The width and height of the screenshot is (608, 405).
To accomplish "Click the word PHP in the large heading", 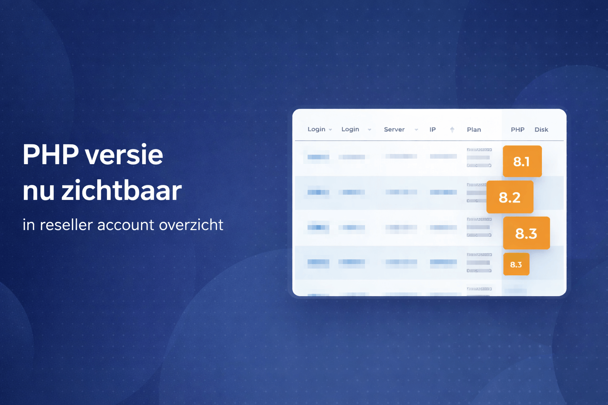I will (x=50, y=155).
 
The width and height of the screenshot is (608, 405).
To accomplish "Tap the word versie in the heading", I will (x=124, y=155).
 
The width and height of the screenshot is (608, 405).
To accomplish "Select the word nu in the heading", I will (x=38, y=191).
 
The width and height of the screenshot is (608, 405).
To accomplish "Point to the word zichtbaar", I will (x=122, y=191).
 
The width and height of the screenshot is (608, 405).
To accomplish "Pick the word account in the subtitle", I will (x=125, y=225).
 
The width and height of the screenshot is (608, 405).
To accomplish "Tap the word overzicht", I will (x=191, y=225).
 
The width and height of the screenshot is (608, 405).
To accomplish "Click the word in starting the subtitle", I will (x=28, y=225).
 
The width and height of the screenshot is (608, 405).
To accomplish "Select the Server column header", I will (x=394, y=129).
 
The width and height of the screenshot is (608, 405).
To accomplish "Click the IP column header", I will (x=433, y=129).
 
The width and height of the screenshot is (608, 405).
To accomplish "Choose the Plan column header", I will (x=474, y=130).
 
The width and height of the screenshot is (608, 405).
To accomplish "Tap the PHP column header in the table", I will (x=517, y=130).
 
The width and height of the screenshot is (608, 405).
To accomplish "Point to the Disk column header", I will (x=541, y=130).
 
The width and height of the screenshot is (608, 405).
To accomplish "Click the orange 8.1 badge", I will (x=522, y=161).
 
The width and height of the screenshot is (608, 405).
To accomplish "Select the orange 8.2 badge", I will (x=510, y=197).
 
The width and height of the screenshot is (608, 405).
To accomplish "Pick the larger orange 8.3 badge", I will (x=526, y=233).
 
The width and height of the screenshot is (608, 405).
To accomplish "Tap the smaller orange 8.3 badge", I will (x=516, y=264).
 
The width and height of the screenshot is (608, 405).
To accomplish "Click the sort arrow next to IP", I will (x=452, y=129).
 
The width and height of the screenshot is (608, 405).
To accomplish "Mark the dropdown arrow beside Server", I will (x=416, y=130).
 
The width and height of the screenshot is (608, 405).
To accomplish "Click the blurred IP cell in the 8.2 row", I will (x=443, y=192).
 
